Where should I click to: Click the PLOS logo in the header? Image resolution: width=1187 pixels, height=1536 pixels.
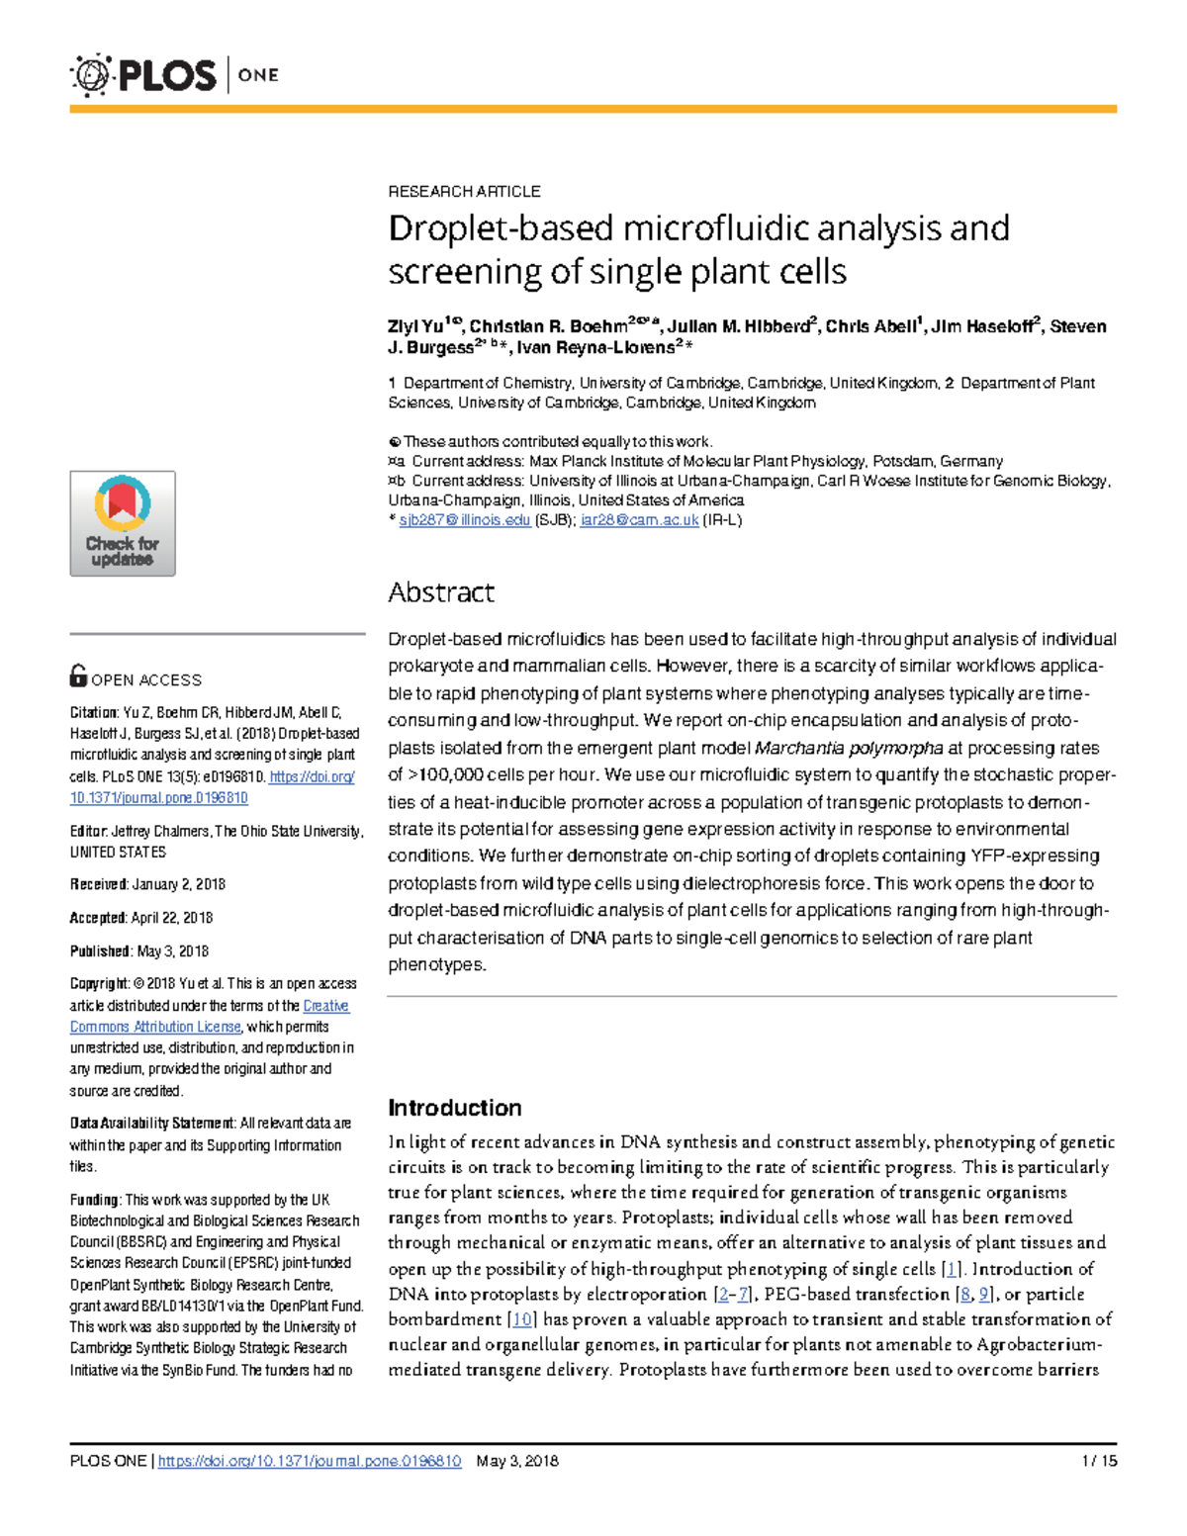pyautogui.click(x=144, y=75)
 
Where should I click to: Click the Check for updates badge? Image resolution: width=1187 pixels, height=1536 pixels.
pyautogui.click(x=123, y=523)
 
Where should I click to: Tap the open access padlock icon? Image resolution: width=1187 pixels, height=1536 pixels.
pyautogui.click(x=78, y=676)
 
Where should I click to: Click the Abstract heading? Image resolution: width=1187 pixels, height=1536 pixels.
pyautogui.click(x=441, y=592)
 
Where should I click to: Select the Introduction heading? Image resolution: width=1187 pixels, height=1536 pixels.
pyautogui.click(x=454, y=1108)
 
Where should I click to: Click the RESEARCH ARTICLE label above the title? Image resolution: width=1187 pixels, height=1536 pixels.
pyautogui.click(x=464, y=191)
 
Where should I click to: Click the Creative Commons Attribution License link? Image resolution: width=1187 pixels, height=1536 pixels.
pyautogui.click(x=155, y=1027)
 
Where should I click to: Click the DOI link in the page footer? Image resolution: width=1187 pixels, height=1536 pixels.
pyautogui.click(x=310, y=1461)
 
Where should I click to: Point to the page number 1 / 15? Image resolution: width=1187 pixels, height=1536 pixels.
pyautogui.click(x=1099, y=1461)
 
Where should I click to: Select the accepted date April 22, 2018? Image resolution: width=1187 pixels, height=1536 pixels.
pyautogui.click(x=171, y=918)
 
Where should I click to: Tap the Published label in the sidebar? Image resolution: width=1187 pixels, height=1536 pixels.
pyautogui.click(x=100, y=951)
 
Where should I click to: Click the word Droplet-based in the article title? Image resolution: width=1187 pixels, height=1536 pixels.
pyautogui.click(x=502, y=228)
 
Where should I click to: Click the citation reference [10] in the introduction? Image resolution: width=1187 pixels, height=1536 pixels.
pyautogui.click(x=522, y=1319)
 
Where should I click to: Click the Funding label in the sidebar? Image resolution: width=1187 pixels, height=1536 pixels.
pyautogui.click(x=94, y=1200)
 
